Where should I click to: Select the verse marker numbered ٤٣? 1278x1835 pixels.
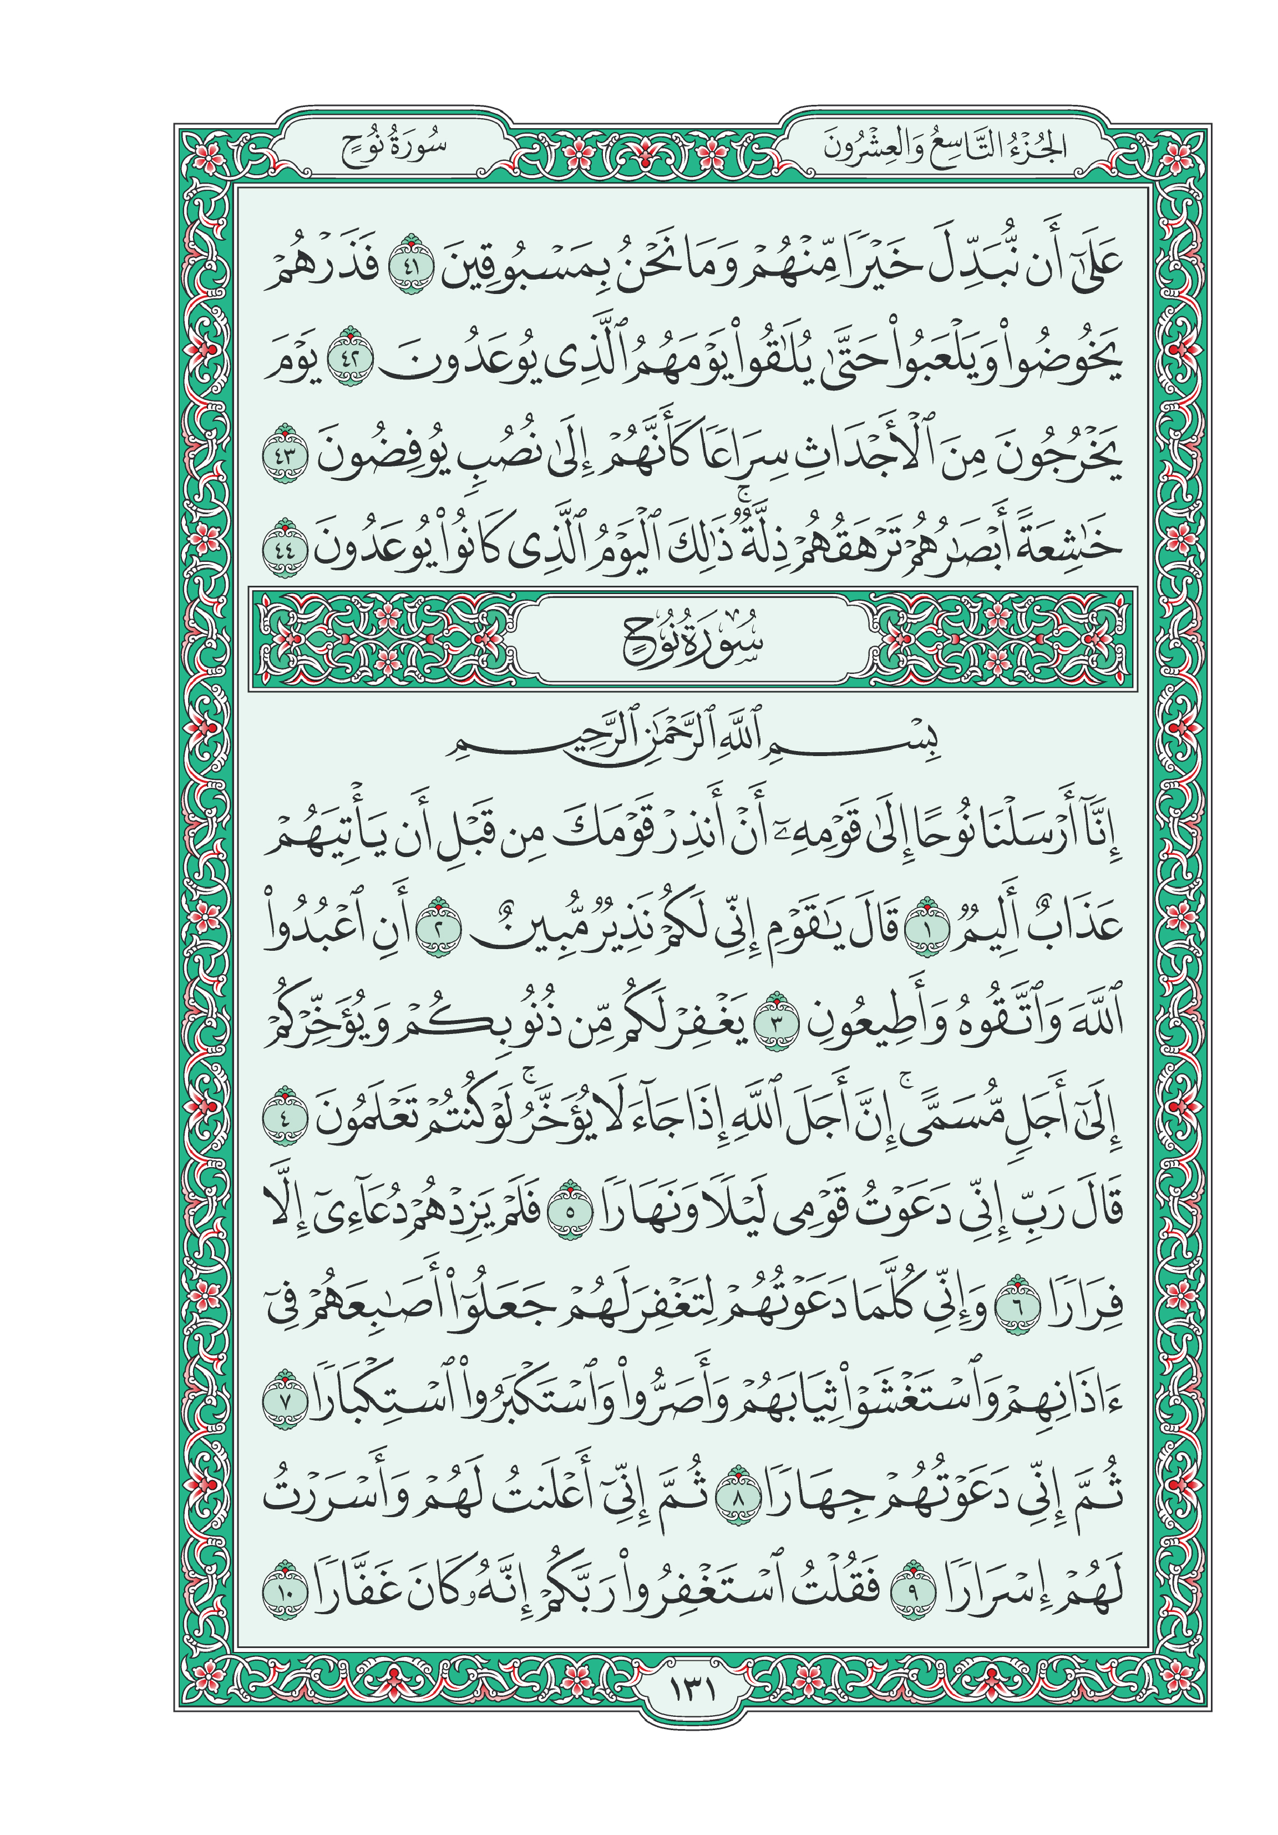[x=285, y=454]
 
